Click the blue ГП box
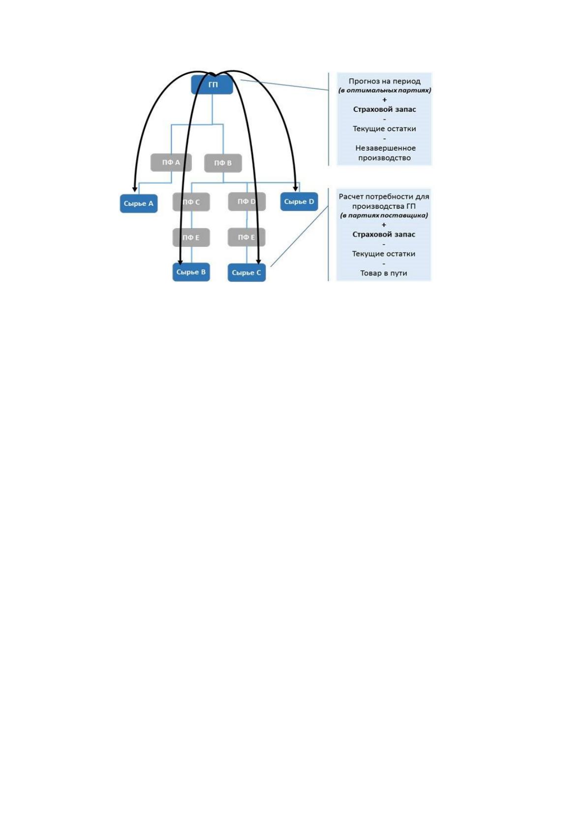(x=212, y=85)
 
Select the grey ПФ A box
(x=171, y=162)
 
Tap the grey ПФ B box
(x=223, y=163)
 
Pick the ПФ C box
(x=191, y=202)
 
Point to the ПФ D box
(x=247, y=202)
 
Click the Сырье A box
(x=139, y=203)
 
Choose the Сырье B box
(x=191, y=272)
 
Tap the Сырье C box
(x=247, y=272)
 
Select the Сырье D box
(x=299, y=202)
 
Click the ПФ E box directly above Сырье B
(x=191, y=237)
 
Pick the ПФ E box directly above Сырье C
(x=247, y=237)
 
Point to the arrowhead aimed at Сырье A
(x=135, y=189)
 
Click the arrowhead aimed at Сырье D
(x=295, y=188)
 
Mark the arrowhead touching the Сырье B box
(x=180, y=262)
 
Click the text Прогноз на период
(x=384, y=81)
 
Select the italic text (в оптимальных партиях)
(x=385, y=90)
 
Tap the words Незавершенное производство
(x=385, y=152)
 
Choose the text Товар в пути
(x=384, y=273)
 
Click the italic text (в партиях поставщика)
(x=384, y=215)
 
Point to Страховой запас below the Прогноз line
(x=384, y=110)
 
